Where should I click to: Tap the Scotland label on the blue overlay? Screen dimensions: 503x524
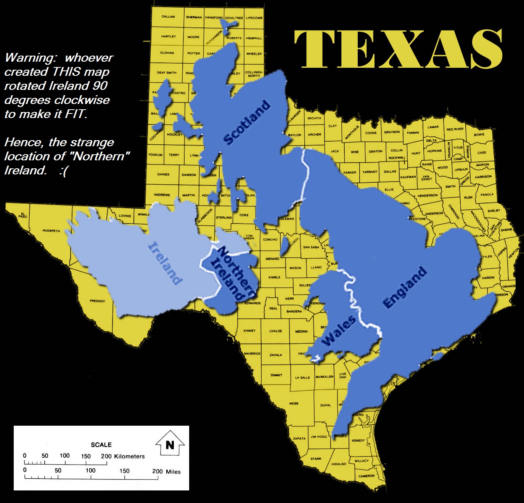(247, 122)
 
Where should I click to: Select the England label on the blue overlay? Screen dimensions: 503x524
(405, 287)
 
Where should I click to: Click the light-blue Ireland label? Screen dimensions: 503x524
(165, 263)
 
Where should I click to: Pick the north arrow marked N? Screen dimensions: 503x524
(170, 444)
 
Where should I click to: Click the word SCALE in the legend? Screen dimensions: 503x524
(101, 445)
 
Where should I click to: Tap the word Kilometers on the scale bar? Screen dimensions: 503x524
(129, 456)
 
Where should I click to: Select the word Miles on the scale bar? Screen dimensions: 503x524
(173, 471)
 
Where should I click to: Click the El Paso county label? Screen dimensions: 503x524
(23, 216)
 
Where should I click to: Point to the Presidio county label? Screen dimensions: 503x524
(97, 301)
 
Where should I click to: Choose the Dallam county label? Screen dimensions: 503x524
(168, 17)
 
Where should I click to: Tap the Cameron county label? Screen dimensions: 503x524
(366, 476)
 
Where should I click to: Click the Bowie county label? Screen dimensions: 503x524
(479, 134)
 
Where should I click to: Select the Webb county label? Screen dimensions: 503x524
(294, 403)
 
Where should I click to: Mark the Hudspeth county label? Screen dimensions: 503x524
(51, 231)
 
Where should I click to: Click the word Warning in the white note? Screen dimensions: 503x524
(31, 58)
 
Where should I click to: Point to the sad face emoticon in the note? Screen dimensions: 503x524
(63, 171)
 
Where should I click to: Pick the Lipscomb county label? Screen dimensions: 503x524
(254, 18)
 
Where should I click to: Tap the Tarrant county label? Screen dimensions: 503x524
(369, 172)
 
